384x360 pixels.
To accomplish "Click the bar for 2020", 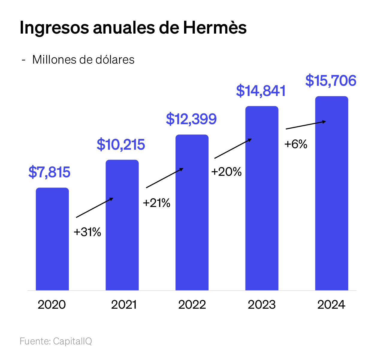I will [x=52, y=239].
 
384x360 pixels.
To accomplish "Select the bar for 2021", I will [x=122, y=225].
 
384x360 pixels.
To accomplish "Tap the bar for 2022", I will [x=192, y=212].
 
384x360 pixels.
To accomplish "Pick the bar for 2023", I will [x=262, y=198].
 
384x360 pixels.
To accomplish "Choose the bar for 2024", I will [x=332, y=193].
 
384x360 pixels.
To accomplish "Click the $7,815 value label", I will [x=49, y=172].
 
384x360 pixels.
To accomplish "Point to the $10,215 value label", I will [x=121, y=145].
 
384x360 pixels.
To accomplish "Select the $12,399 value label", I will [x=191, y=119].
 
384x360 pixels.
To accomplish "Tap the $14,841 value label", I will [x=261, y=91].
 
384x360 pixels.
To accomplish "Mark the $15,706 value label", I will [x=331, y=81].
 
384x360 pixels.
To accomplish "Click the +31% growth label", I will [x=87, y=232].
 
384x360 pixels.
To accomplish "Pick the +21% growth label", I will [x=156, y=203].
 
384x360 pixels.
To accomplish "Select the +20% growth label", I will [x=226, y=172].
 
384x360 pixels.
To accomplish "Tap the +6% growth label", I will [x=296, y=144].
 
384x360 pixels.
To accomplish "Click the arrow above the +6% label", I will [x=306, y=125].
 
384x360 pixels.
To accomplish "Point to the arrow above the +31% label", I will [x=94, y=208].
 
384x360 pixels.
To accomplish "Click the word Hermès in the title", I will [x=215, y=28].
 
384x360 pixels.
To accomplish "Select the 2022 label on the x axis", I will [x=192, y=305].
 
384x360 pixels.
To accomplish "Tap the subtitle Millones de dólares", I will [x=83, y=60].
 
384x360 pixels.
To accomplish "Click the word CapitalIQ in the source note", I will [x=73, y=341].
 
